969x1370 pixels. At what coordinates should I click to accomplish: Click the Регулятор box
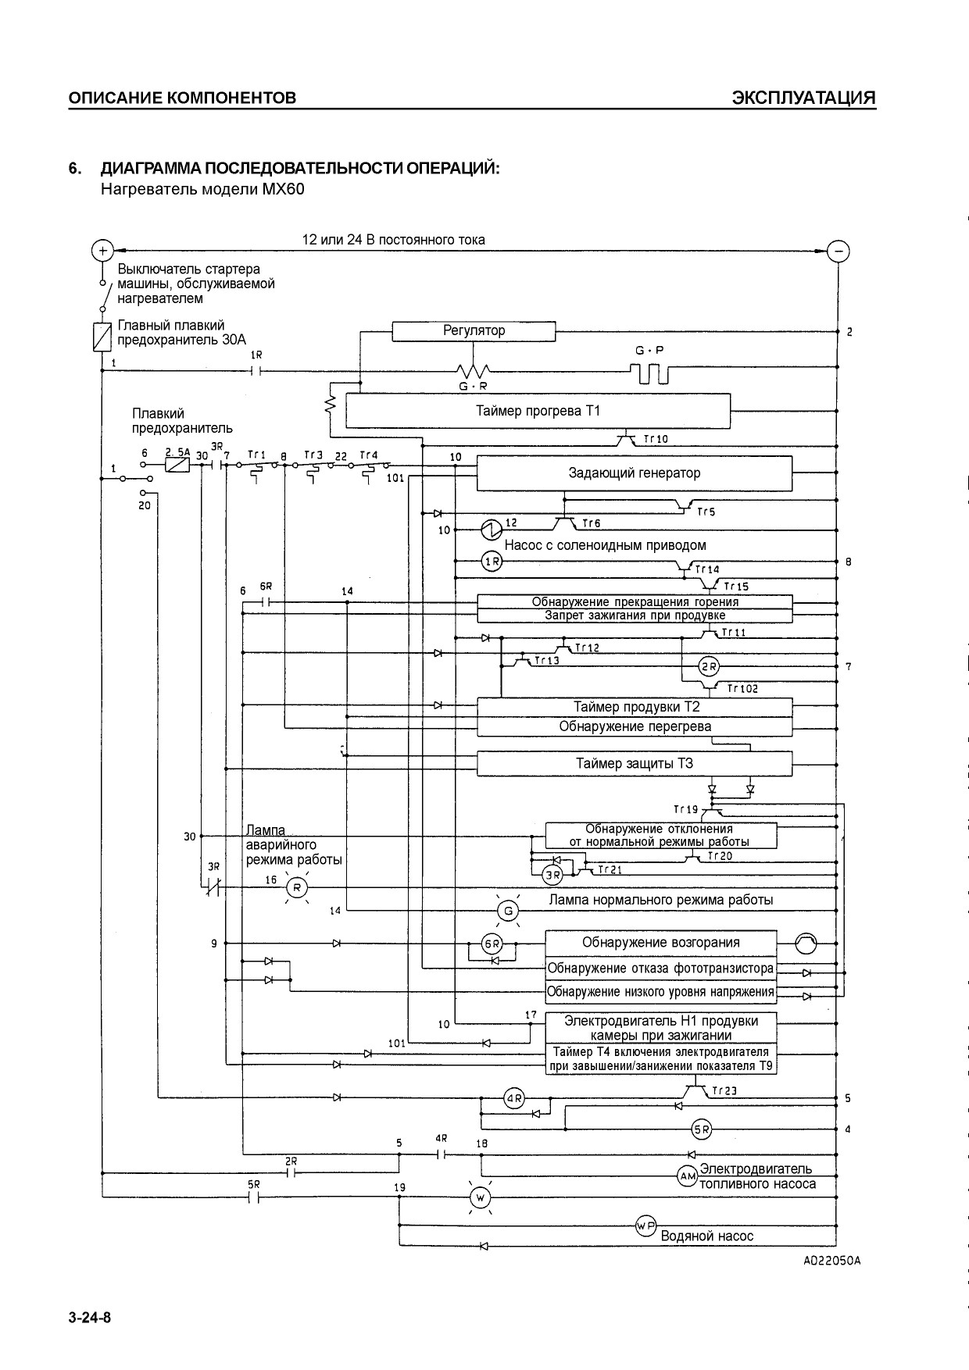(x=474, y=331)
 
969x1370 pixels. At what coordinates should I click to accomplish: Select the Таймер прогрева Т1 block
(x=538, y=411)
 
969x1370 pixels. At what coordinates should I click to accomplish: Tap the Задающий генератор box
(x=635, y=473)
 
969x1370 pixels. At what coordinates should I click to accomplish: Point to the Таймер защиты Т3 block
(x=635, y=764)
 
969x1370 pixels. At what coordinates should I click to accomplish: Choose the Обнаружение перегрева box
(x=635, y=727)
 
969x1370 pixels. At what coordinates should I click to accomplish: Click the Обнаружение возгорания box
(x=661, y=943)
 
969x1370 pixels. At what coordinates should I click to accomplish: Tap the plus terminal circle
(x=102, y=250)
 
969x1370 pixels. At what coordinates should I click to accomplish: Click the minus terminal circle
(x=838, y=251)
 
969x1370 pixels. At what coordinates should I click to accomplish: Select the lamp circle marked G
(x=509, y=911)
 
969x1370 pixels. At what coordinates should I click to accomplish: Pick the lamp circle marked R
(x=296, y=887)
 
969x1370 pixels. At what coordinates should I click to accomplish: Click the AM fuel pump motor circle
(x=687, y=1176)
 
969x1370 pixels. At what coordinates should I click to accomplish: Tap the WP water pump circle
(x=645, y=1227)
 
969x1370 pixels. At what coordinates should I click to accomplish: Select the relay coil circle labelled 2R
(x=710, y=667)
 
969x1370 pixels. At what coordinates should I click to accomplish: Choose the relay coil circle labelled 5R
(x=702, y=1129)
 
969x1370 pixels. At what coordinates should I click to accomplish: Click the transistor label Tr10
(x=656, y=440)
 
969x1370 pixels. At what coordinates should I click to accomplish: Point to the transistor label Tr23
(x=724, y=1091)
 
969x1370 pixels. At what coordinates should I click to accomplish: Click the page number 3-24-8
(x=90, y=1318)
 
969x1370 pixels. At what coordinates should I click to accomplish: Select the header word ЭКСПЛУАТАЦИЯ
(x=803, y=98)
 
